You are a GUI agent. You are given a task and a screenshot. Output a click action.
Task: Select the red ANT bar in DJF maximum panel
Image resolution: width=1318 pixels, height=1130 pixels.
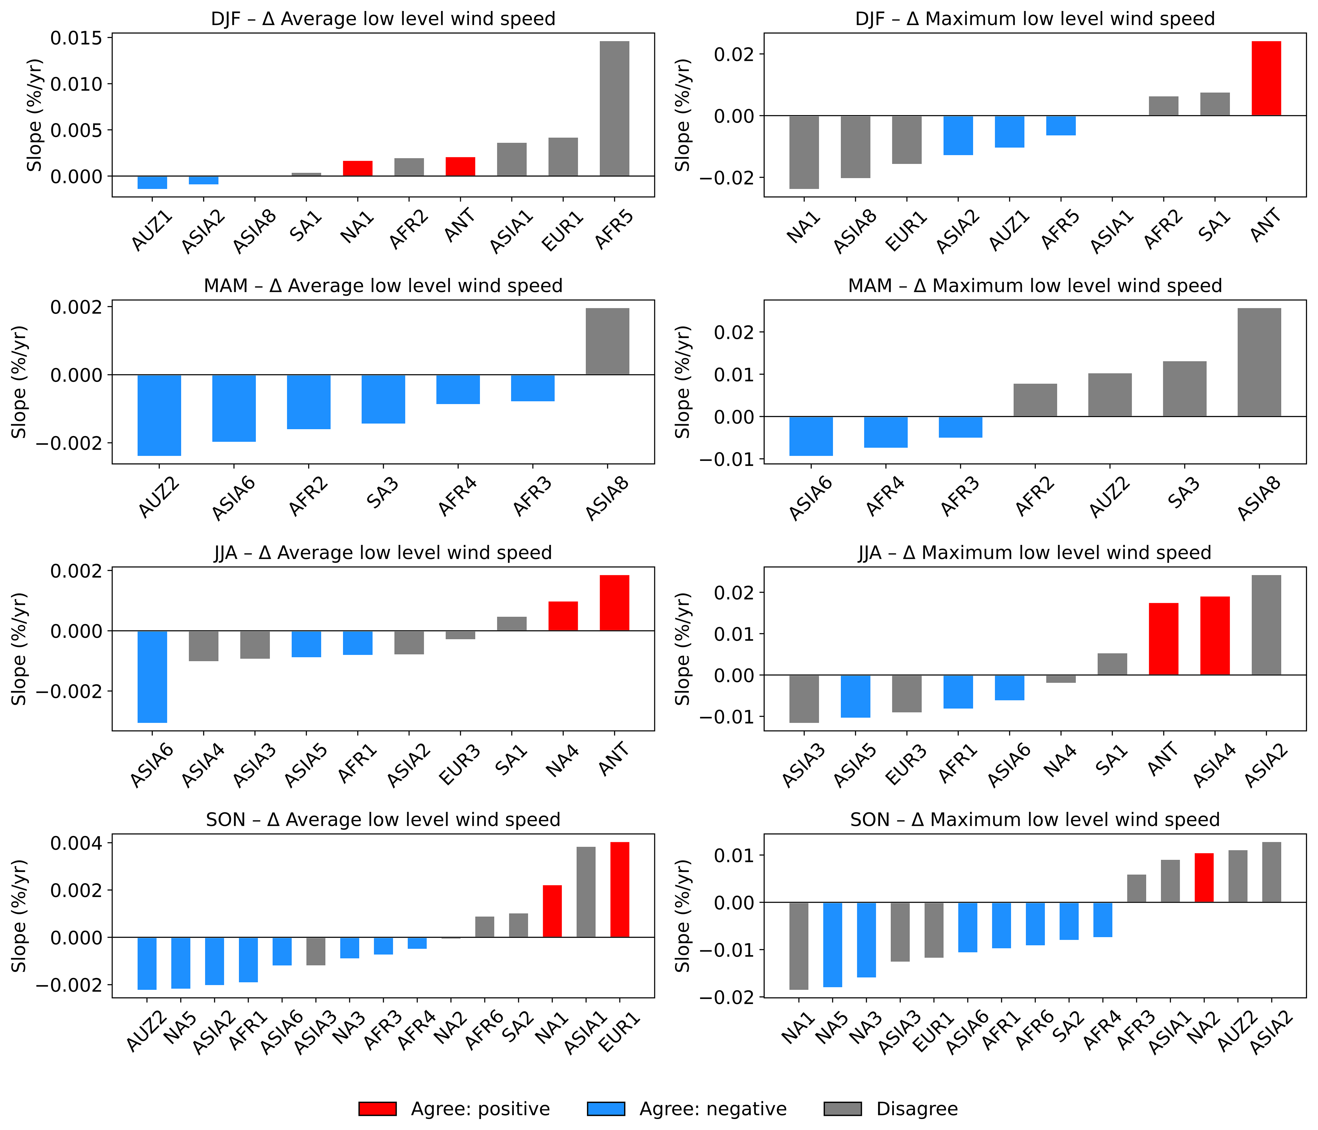1266,78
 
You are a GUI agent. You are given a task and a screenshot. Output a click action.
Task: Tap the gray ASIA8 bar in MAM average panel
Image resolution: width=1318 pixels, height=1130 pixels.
608,341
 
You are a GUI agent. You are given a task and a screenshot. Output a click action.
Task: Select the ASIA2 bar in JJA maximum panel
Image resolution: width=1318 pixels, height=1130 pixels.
1266,625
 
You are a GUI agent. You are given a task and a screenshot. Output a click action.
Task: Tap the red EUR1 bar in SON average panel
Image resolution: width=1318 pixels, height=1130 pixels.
619,890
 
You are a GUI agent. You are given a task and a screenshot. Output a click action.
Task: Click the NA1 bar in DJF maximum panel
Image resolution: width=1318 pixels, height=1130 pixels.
804,152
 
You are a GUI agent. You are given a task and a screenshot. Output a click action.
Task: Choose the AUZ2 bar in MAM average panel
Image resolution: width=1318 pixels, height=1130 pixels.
159,415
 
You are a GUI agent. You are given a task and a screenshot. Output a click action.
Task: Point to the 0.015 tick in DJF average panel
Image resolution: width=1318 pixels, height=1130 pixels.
76,38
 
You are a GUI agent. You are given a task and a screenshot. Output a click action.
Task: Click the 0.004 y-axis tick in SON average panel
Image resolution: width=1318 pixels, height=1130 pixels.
76,843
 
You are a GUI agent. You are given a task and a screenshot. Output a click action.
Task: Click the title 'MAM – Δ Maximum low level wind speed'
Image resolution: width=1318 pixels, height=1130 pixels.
1035,286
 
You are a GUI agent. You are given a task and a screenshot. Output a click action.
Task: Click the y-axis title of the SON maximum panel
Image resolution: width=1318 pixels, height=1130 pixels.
683,916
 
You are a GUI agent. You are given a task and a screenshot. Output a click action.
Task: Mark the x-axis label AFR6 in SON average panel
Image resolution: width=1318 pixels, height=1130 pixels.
485,1031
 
